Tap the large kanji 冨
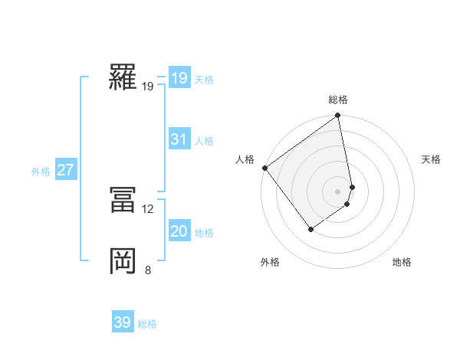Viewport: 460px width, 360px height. [123, 200]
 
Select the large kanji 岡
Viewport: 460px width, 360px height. [123, 260]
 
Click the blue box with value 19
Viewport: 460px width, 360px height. [179, 78]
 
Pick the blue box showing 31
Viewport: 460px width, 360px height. [179, 139]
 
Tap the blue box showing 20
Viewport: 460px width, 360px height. [179, 231]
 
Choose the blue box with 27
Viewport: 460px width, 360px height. [65, 170]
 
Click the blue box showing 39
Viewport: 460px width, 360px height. [123, 322]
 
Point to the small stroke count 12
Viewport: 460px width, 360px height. [148, 208]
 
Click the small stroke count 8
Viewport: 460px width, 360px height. [148, 270]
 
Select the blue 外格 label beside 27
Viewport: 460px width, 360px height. [41, 172]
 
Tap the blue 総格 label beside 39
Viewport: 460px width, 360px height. [147, 324]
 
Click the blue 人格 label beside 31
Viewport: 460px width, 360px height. [204, 141]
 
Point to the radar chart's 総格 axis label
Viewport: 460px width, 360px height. [338, 100]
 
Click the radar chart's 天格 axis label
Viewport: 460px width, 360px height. [431, 159]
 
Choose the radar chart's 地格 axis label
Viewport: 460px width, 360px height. [402, 262]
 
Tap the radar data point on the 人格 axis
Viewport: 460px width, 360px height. [264, 168]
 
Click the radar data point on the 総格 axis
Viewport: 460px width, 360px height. [338, 116]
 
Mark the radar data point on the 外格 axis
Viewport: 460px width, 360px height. [310, 228]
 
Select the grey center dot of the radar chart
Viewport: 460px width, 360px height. [338, 191]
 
